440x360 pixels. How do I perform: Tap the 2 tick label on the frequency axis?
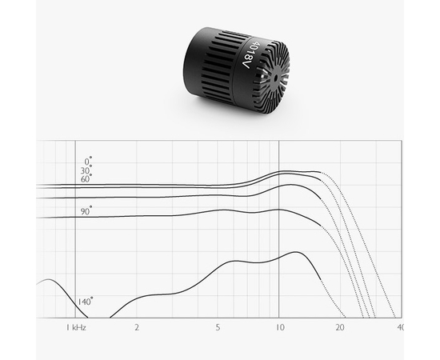coord(137,328)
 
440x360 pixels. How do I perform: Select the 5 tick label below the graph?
coord(218,328)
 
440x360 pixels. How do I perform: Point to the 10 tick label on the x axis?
coord(279,328)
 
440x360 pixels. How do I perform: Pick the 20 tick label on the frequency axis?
coord(340,328)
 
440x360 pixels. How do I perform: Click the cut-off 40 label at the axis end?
coord(399,328)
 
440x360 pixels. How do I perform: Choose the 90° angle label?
coord(86,210)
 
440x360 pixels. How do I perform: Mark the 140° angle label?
coord(85,302)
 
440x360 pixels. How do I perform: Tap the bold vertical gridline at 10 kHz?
coord(279,240)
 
